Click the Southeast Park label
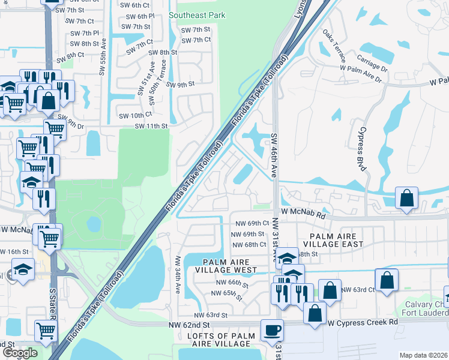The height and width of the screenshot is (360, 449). tap(197, 15)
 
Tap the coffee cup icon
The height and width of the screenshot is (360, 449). tap(272, 329)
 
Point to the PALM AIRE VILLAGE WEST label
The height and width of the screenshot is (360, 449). tap(226, 266)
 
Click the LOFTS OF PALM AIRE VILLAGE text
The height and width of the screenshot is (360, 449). tap(218, 339)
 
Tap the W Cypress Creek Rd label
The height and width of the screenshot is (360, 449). tap(363, 322)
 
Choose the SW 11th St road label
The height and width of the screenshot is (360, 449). tap(149, 126)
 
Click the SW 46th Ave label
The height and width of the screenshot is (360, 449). tap(274, 155)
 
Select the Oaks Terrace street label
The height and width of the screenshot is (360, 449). tap(334, 47)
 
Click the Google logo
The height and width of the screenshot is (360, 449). tap(20, 353)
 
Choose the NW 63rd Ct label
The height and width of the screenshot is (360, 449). tap(358, 290)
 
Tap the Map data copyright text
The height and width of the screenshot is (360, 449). tap(423, 355)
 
